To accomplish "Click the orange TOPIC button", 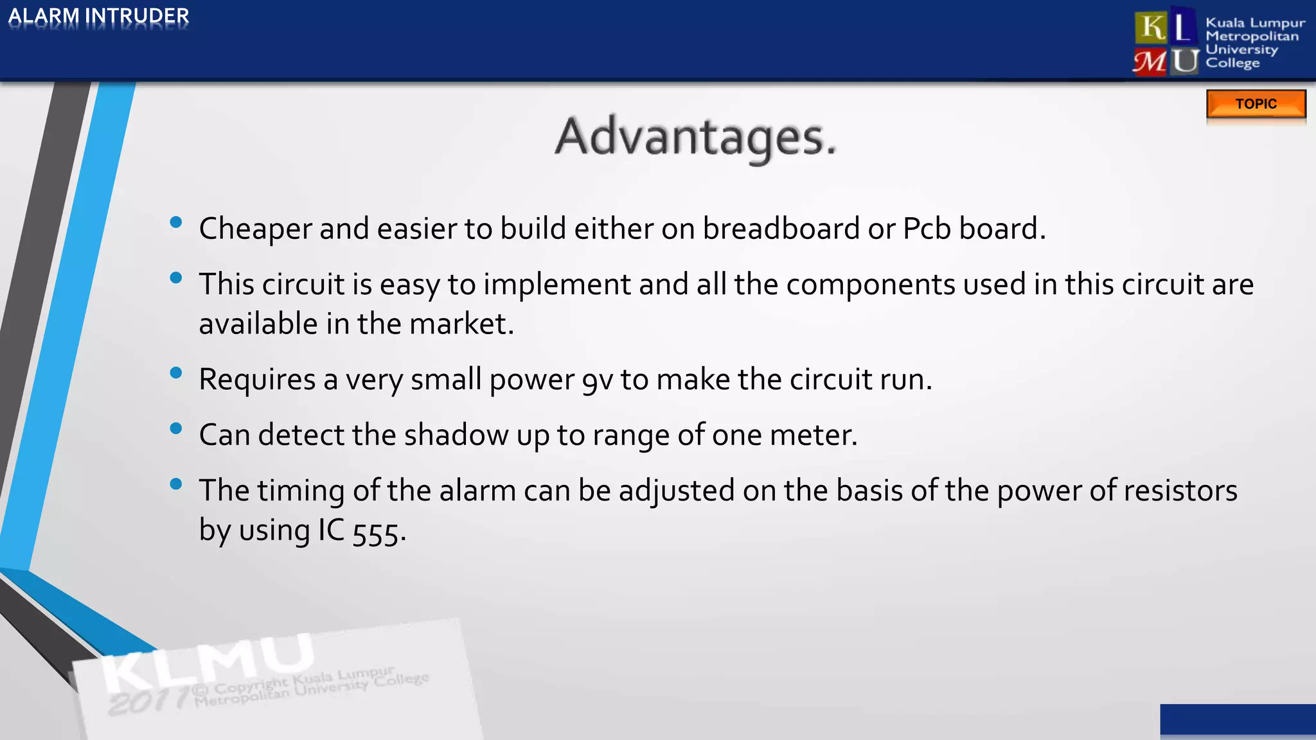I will coord(1256,104).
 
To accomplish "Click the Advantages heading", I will coord(695,137).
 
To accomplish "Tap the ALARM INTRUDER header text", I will coord(98,16).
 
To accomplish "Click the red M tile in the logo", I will coord(1150,62).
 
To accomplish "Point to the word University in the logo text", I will coord(1241,49).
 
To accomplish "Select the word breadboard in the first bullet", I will coord(781,229).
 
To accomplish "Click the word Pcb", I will coord(926,229).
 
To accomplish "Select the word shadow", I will coord(456,435).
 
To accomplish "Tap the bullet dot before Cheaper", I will coord(175,223).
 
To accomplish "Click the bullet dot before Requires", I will coord(175,373).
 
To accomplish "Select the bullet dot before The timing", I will coord(175,484).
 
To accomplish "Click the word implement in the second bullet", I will coord(556,285).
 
